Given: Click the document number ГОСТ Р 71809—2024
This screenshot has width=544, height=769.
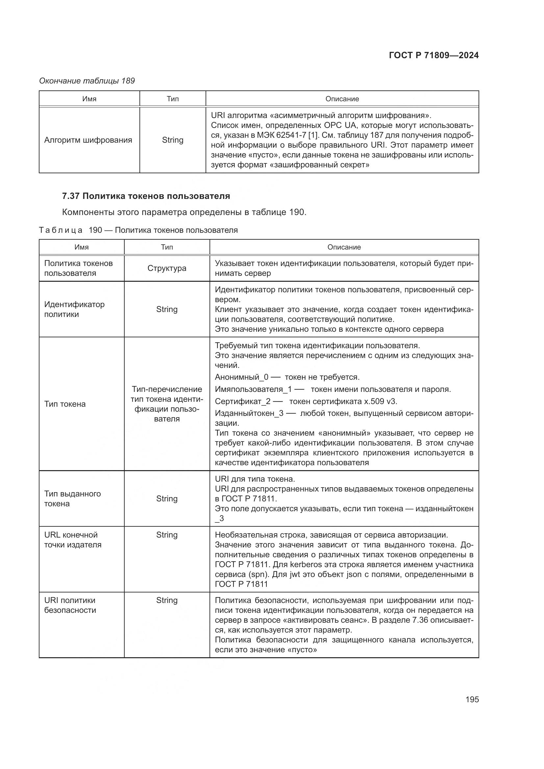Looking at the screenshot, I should (433, 56).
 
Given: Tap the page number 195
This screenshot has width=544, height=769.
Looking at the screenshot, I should (472, 699).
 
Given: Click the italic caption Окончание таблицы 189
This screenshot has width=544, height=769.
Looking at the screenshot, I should (87, 81).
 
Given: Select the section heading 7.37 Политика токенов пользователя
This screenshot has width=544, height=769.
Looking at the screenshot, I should (146, 196).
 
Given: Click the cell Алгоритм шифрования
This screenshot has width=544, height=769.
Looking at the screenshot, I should (88, 140).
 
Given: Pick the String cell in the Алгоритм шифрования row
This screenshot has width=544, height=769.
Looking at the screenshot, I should (173, 140).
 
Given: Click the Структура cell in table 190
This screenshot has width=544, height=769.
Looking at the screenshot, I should (167, 268).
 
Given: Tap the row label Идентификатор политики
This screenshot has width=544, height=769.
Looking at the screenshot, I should (74, 309).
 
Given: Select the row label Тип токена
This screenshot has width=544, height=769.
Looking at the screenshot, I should (65, 404).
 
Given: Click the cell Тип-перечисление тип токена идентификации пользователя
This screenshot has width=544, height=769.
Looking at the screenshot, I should (167, 404).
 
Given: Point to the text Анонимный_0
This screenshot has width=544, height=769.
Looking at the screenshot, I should (241, 377).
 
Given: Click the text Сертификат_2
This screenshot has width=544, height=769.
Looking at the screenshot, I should (242, 401).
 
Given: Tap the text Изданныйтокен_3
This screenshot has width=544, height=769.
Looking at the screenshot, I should (249, 413).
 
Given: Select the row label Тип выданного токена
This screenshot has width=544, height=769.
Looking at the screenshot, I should (72, 498).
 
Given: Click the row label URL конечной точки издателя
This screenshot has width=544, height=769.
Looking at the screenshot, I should (72, 540).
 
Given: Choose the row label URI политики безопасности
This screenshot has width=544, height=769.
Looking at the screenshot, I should (70, 605).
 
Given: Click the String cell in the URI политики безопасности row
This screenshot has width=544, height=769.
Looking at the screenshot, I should (167, 600).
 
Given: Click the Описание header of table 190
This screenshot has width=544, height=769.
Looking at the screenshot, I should (344, 247).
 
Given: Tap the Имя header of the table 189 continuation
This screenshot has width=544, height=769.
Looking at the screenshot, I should (89, 99).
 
